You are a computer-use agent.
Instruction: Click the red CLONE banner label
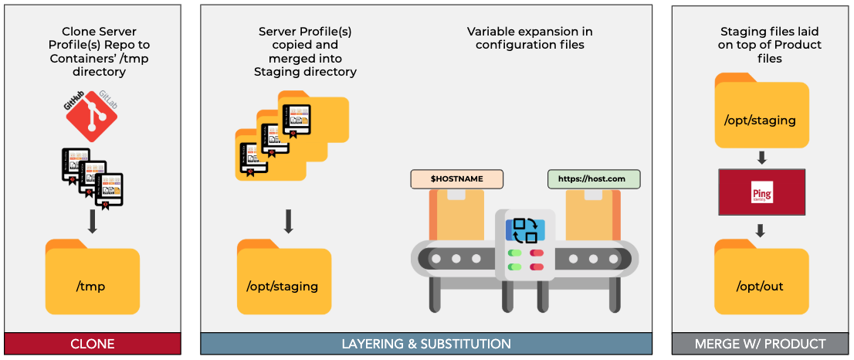pyautogui.click(x=92, y=344)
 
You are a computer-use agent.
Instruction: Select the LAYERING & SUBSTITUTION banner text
pyautogui.click(x=426, y=344)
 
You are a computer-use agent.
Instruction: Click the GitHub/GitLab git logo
pyautogui.click(x=91, y=116)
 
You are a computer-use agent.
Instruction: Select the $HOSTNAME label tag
pyautogui.click(x=456, y=179)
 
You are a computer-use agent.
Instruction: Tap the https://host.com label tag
pyautogui.click(x=594, y=179)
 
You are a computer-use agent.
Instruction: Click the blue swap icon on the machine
pyautogui.click(x=525, y=229)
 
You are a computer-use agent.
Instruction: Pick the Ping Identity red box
pyautogui.click(x=761, y=192)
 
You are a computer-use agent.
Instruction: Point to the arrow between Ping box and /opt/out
pyautogui.click(x=761, y=229)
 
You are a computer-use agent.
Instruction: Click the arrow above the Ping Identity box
pyautogui.click(x=761, y=158)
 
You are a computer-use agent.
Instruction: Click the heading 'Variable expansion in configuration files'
pyautogui.click(x=530, y=38)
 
